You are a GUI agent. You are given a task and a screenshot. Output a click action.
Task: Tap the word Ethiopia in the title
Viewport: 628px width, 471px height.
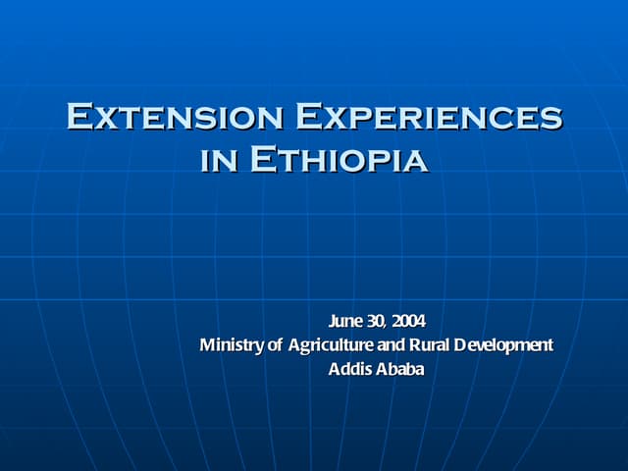tap(339, 158)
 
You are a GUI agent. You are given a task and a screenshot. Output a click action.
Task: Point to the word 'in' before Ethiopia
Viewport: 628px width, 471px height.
tap(218, 160)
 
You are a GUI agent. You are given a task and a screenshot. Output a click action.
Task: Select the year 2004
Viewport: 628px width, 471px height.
tap(410, 321)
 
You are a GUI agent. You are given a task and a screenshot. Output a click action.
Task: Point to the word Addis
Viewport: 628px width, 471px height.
tap(347, 370)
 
